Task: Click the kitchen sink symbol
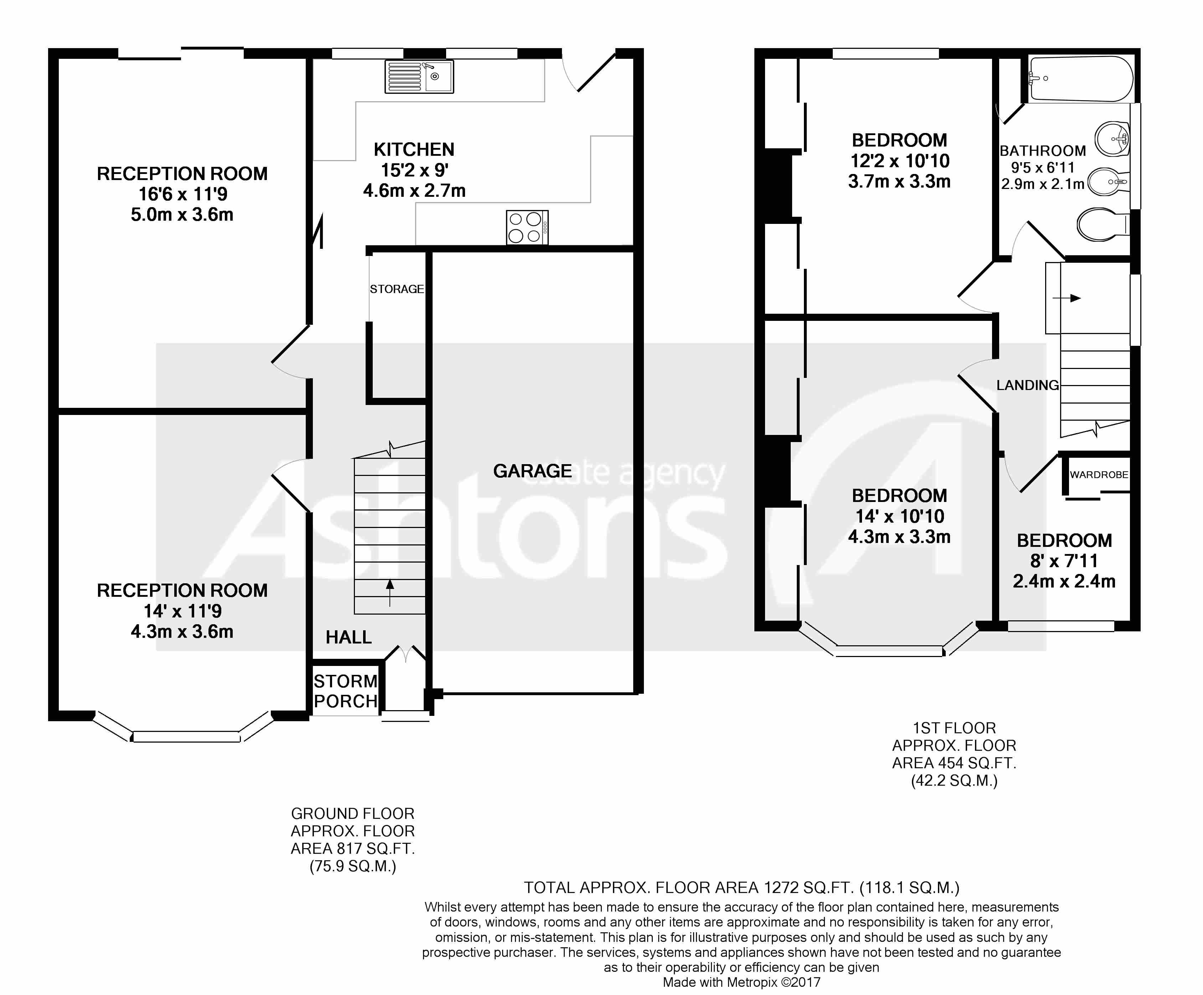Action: (x=419, y=77)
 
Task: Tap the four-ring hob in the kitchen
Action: (x=526, y=227)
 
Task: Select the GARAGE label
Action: (x=532, y=471)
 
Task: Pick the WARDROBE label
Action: (x=1098, y=475)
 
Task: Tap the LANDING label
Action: (x=1027, y=385)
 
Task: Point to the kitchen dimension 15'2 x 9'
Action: (x=414, y=170)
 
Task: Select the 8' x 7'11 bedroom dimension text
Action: (x=1064, y=560)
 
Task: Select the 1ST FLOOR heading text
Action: (x=954, y=728)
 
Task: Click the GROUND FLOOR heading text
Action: (x=352, y=814)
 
